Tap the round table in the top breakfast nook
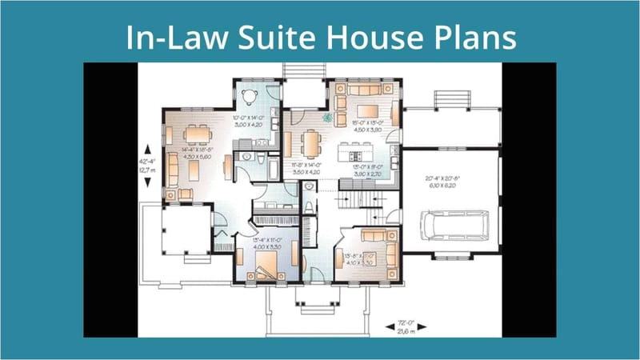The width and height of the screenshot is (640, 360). coord(250,96)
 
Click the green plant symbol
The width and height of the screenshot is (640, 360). coord(327,117)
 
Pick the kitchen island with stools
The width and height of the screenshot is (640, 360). coord(357,151)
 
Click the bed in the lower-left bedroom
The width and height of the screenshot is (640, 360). coord(264,274)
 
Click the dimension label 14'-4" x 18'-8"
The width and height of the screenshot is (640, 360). coord(197,153)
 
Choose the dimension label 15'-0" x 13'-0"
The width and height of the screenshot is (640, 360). coord(365,126)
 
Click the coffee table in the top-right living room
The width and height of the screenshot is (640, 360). coord(368,110)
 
